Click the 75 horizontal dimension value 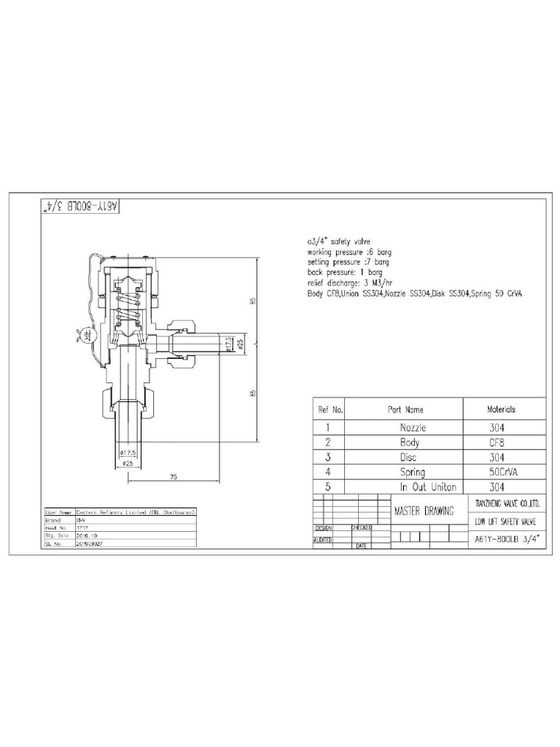click(174, 477)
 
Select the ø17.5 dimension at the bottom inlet click(128, 453)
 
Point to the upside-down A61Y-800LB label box click(76, 207)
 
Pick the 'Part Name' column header click(405, 410)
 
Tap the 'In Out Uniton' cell click(429, 487)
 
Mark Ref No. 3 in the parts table click(329, 457)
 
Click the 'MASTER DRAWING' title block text click(424, 511)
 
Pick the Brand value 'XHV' click(79, 521)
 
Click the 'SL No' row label click(51, 543)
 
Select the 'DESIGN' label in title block click(323, 527)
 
